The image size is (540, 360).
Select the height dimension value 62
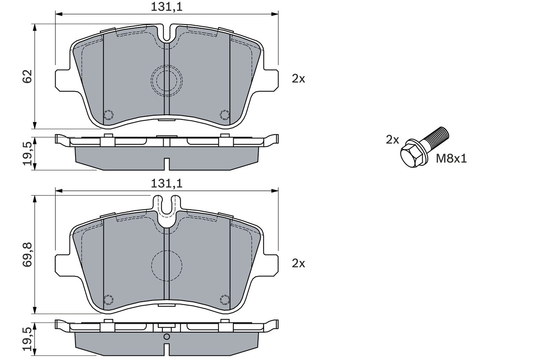pyautogui.click(x=27, y=76)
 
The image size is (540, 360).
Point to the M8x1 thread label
pyautogui.click(x=451, y=159)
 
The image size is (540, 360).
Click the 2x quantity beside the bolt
pyautogui.click(x=392, y=140)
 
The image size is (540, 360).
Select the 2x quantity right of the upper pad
pyautogui.click(x=298, y=78)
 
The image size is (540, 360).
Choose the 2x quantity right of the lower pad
pyautogui.click(x=298, y=264)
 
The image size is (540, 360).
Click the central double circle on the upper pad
pyautogui.click(x=167, y=79)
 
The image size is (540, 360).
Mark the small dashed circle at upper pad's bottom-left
pyautogui.click(x=108, y=114)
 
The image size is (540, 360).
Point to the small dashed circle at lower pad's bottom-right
pyautogui.click(x=225, y=299)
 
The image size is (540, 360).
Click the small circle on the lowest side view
pyautogui.click(x=167, y=336)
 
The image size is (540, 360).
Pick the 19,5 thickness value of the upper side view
pyautogui.click(x=27, y=154)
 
